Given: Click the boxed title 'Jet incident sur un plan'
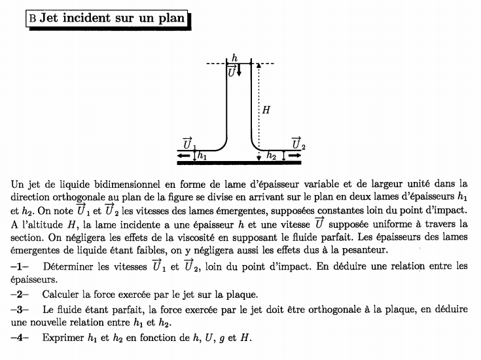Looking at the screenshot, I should (x=109, y=18).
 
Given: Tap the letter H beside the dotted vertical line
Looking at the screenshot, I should (x=266, y=111).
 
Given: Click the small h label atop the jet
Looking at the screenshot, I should (x=234, y=58).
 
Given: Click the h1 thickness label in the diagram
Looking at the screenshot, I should (x=202, y=156).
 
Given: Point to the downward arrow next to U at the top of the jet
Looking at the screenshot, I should (x=240, y=70).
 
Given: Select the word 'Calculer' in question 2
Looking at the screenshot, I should (x=63, y=294).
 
